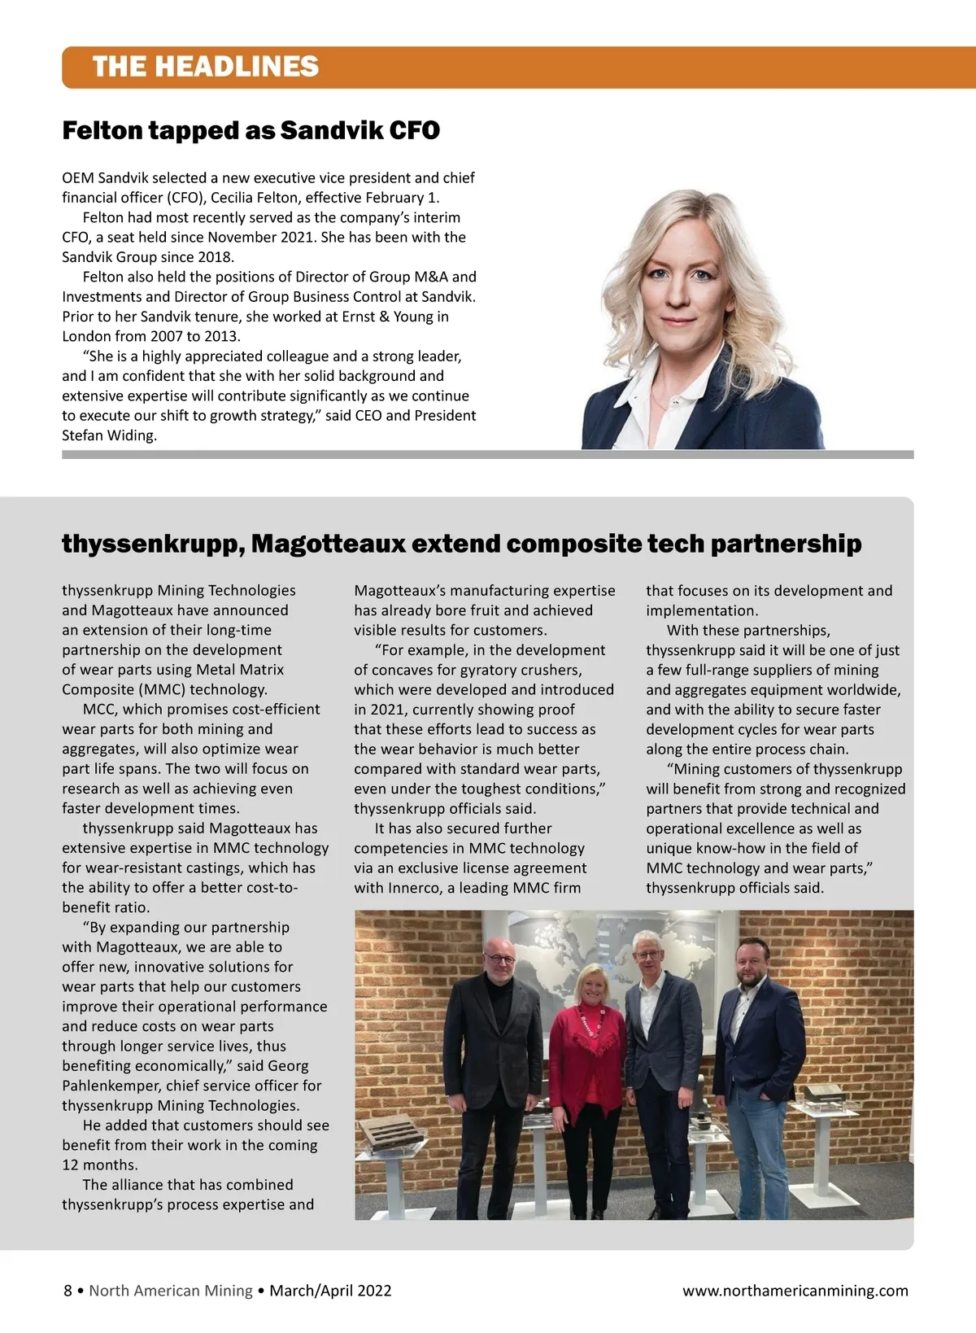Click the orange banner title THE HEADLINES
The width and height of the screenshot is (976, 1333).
[205, 67]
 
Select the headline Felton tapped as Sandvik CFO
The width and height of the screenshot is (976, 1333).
[251, 130]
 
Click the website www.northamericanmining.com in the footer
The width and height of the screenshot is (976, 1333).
[795, 1290]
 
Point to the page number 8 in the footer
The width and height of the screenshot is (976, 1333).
[68, 1290]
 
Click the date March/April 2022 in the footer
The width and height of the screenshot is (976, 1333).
[330, 1290]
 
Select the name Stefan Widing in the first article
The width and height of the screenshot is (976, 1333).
[109, 435]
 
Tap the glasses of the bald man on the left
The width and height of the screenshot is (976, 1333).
[498, 958]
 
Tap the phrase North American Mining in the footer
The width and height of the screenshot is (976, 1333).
[171, 1290]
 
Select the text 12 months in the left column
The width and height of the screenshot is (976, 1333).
[99, 1165]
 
